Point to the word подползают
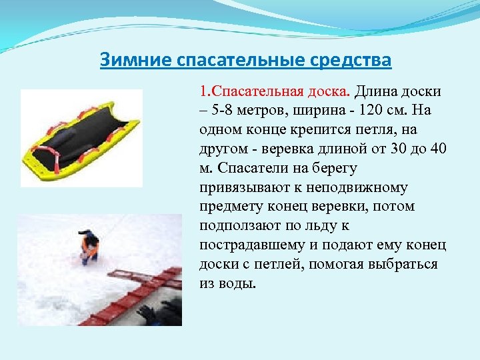click(238, 225)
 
